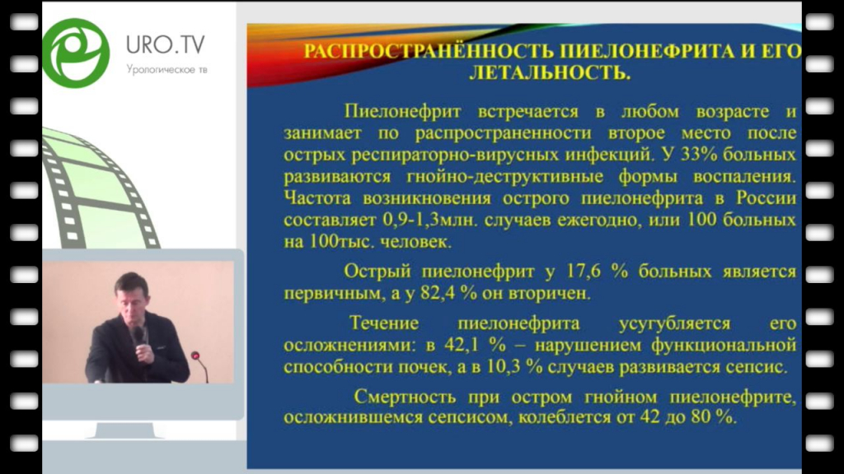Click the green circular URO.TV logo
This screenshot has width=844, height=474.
[x=76, y=53]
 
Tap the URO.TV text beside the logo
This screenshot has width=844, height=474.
[x=165, y=44]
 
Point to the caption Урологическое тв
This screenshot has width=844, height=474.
[x=166, y=69]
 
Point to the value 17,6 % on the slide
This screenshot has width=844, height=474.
[x=597, y=272]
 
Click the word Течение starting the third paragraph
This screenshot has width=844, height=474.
[x=384, y=323]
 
